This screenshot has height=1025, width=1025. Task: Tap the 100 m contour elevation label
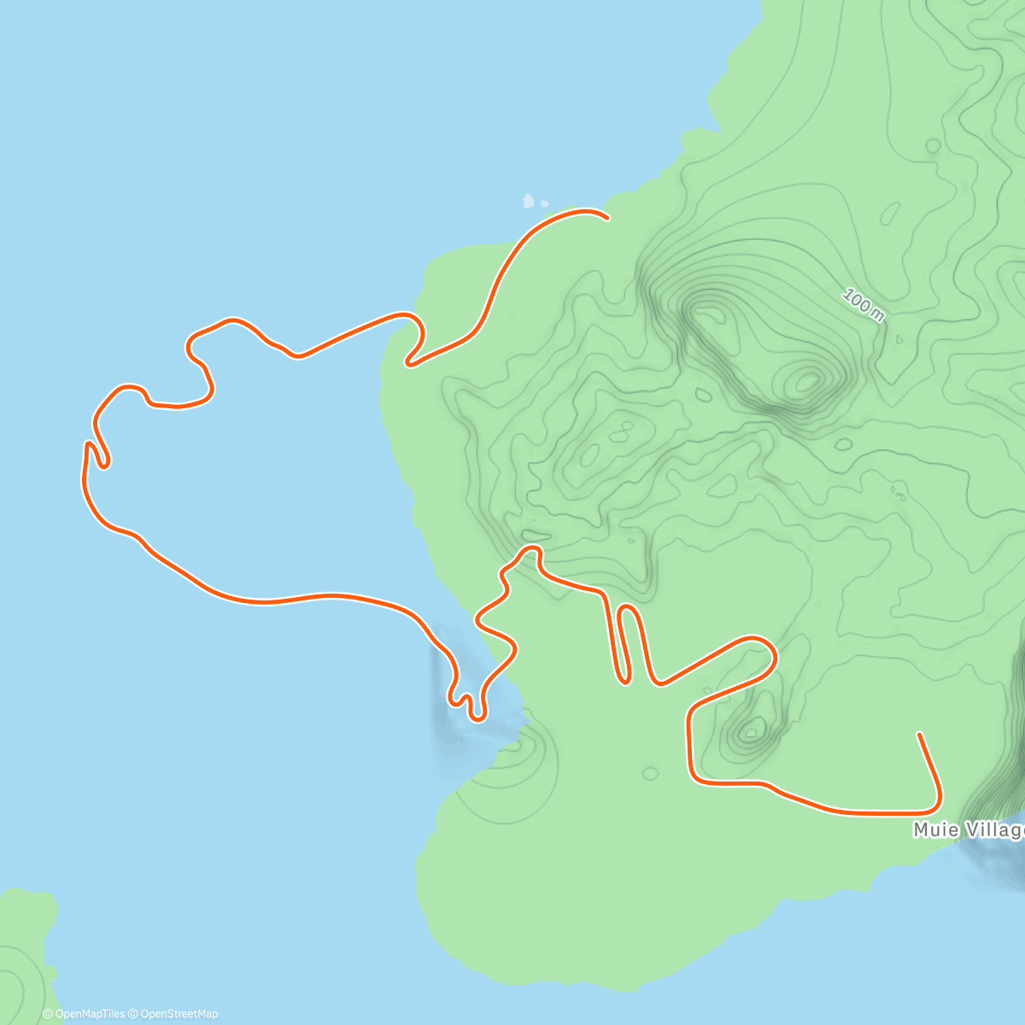pos(863,305)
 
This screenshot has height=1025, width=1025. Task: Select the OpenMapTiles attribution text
pos(84,1014)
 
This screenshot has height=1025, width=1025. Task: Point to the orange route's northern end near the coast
pos(606,218)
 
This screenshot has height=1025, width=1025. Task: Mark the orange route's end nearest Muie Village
pos(919,734)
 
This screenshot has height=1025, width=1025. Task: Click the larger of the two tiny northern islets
pos(529,202)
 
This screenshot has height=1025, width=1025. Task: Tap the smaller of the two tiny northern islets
pos(544,204)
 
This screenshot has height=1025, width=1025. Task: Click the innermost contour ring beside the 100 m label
pos(805,381)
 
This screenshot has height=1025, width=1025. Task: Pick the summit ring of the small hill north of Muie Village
pos(753,730)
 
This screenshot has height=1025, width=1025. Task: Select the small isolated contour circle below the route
pos(650,774)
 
